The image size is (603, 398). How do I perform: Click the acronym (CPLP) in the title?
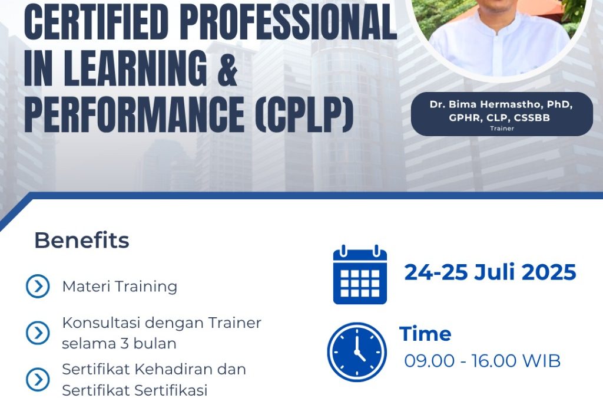304,114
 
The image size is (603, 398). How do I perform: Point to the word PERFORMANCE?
134,114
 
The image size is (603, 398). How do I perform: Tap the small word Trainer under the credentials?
502,129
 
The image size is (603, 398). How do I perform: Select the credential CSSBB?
532,118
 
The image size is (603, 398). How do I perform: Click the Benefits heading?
81,241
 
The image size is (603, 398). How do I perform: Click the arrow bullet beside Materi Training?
38,287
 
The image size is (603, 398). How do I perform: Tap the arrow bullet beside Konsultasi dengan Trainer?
38,333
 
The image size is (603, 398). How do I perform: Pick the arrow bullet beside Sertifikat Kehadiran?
38,379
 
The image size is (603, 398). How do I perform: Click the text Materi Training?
120,287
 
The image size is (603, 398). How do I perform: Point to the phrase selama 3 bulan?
119,343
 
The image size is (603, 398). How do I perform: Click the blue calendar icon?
360,274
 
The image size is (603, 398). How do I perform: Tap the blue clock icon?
357,352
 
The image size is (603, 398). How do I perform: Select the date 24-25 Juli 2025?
491,272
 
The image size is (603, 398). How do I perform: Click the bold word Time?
425,334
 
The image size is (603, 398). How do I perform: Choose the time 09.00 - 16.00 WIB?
482,361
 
